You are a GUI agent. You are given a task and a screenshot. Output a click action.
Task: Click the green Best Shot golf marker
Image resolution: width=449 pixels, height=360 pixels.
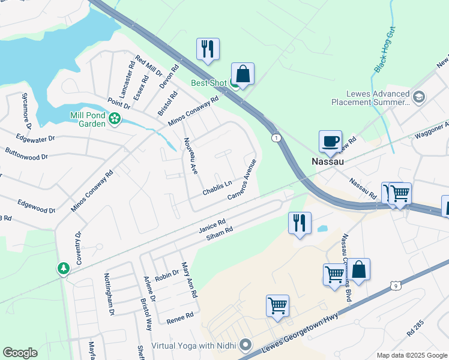(x=234, y=84)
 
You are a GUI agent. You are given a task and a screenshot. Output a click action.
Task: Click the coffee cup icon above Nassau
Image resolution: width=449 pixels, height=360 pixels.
(x=330, y=141)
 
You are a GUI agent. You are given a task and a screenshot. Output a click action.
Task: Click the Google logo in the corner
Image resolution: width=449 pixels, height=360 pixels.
(x=20, y=353)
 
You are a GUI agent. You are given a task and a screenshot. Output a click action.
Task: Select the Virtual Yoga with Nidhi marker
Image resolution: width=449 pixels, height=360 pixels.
(x=245, y=345)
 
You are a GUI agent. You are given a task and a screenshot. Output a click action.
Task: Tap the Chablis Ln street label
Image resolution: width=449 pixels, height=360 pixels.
(x=217, y=188)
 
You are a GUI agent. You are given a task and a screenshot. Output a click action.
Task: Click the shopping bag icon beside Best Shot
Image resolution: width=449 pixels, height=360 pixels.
(x=243, y=75)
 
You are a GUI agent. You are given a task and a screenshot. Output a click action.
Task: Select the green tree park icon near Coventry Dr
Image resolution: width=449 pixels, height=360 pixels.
(x=64, y=268)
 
